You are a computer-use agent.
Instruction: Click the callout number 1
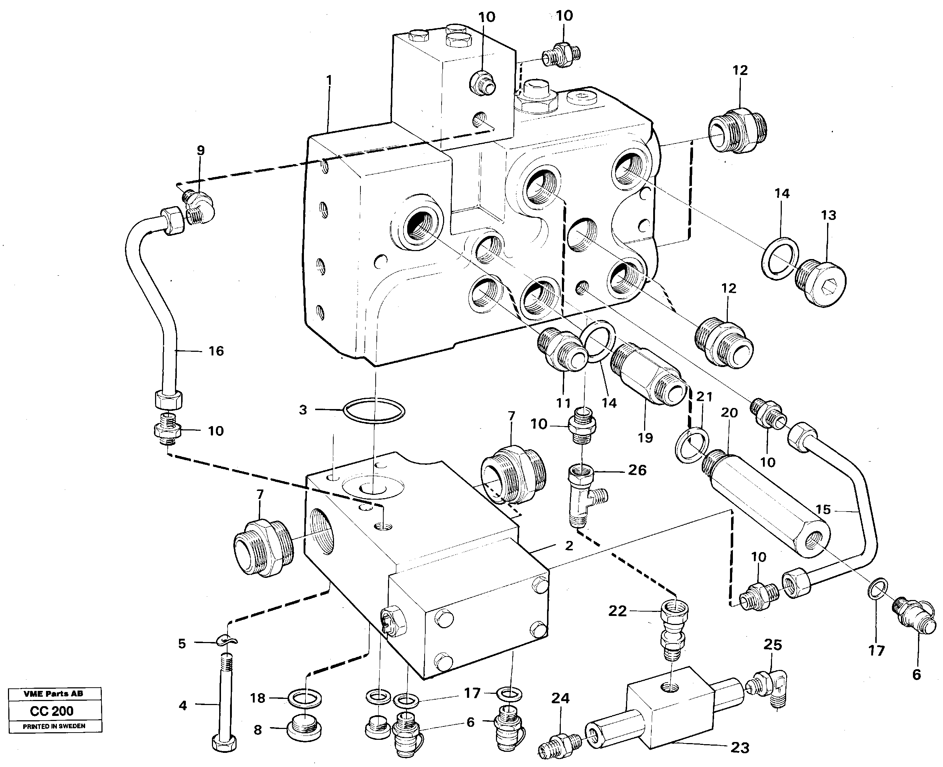point(329,80)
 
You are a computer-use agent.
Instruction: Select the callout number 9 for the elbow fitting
point(201,151)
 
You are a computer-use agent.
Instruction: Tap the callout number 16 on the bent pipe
point(216,351)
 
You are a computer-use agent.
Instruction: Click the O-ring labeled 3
point(373,411)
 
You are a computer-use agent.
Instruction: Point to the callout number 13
point(829,215)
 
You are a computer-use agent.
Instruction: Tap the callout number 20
point(729,413)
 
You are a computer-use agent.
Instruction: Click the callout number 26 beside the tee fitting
point(637,470)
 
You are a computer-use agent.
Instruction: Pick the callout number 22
point(617,611)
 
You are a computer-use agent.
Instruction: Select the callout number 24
point(560,699)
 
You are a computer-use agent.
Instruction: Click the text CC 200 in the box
point(52,711)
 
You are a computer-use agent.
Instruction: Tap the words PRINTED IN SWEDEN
point(54,726)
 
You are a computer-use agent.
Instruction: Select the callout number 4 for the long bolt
point(183,705)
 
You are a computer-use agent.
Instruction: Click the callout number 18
point(258,698)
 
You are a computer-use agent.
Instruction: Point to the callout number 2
point(569,546)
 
